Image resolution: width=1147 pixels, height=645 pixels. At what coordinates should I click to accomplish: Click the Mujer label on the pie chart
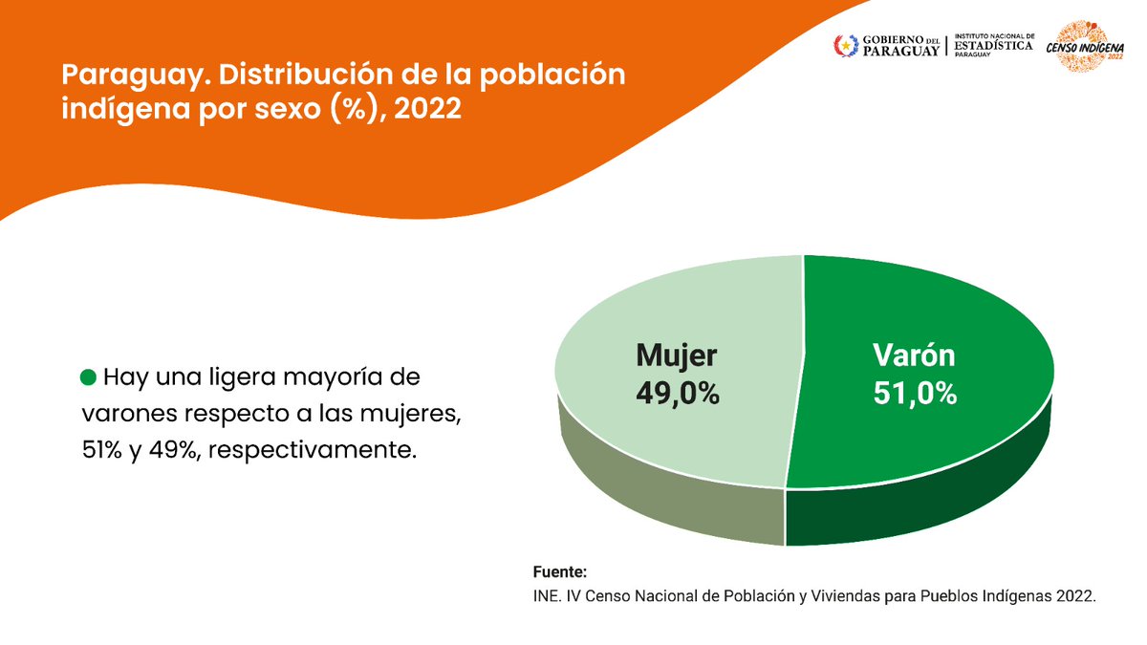coord(676,355)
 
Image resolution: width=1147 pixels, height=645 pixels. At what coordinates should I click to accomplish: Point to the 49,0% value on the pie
coord(678,393)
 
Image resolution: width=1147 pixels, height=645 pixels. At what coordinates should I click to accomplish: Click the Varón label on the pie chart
coord(914,355)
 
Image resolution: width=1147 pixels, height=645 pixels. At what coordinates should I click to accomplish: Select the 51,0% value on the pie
coord(915,393)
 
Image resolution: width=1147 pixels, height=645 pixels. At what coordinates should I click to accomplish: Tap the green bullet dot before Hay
coord(88,377)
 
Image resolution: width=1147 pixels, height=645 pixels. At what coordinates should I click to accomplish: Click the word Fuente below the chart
coord(558,572)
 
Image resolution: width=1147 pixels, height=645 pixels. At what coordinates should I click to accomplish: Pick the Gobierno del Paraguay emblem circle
coord(846,44)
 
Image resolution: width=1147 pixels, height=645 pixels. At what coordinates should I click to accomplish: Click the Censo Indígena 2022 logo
coord(1085,48)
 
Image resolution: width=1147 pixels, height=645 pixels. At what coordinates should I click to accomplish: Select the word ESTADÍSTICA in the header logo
coord(992,45)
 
